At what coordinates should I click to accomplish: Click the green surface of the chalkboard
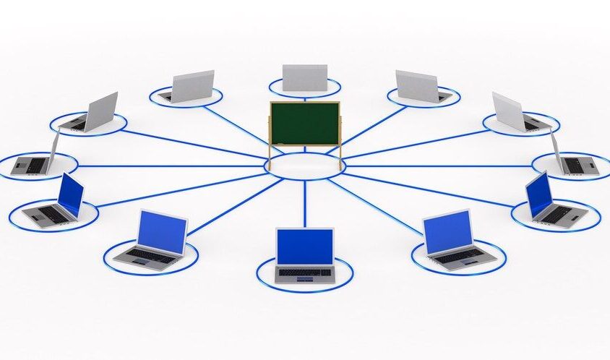[x=304, y=124]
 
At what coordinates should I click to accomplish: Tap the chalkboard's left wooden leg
[x=272, y=156]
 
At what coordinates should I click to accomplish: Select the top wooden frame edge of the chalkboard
[x=304, y=103]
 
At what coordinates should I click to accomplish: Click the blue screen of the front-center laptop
[x=304, y=247]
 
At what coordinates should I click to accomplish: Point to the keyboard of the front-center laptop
[x=304, y=272]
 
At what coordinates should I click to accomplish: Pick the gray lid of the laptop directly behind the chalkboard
[x=304, y=77]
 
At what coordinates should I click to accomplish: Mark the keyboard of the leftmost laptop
[x=30, y=165]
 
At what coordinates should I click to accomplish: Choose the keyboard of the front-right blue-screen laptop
[x=458, y=255]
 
